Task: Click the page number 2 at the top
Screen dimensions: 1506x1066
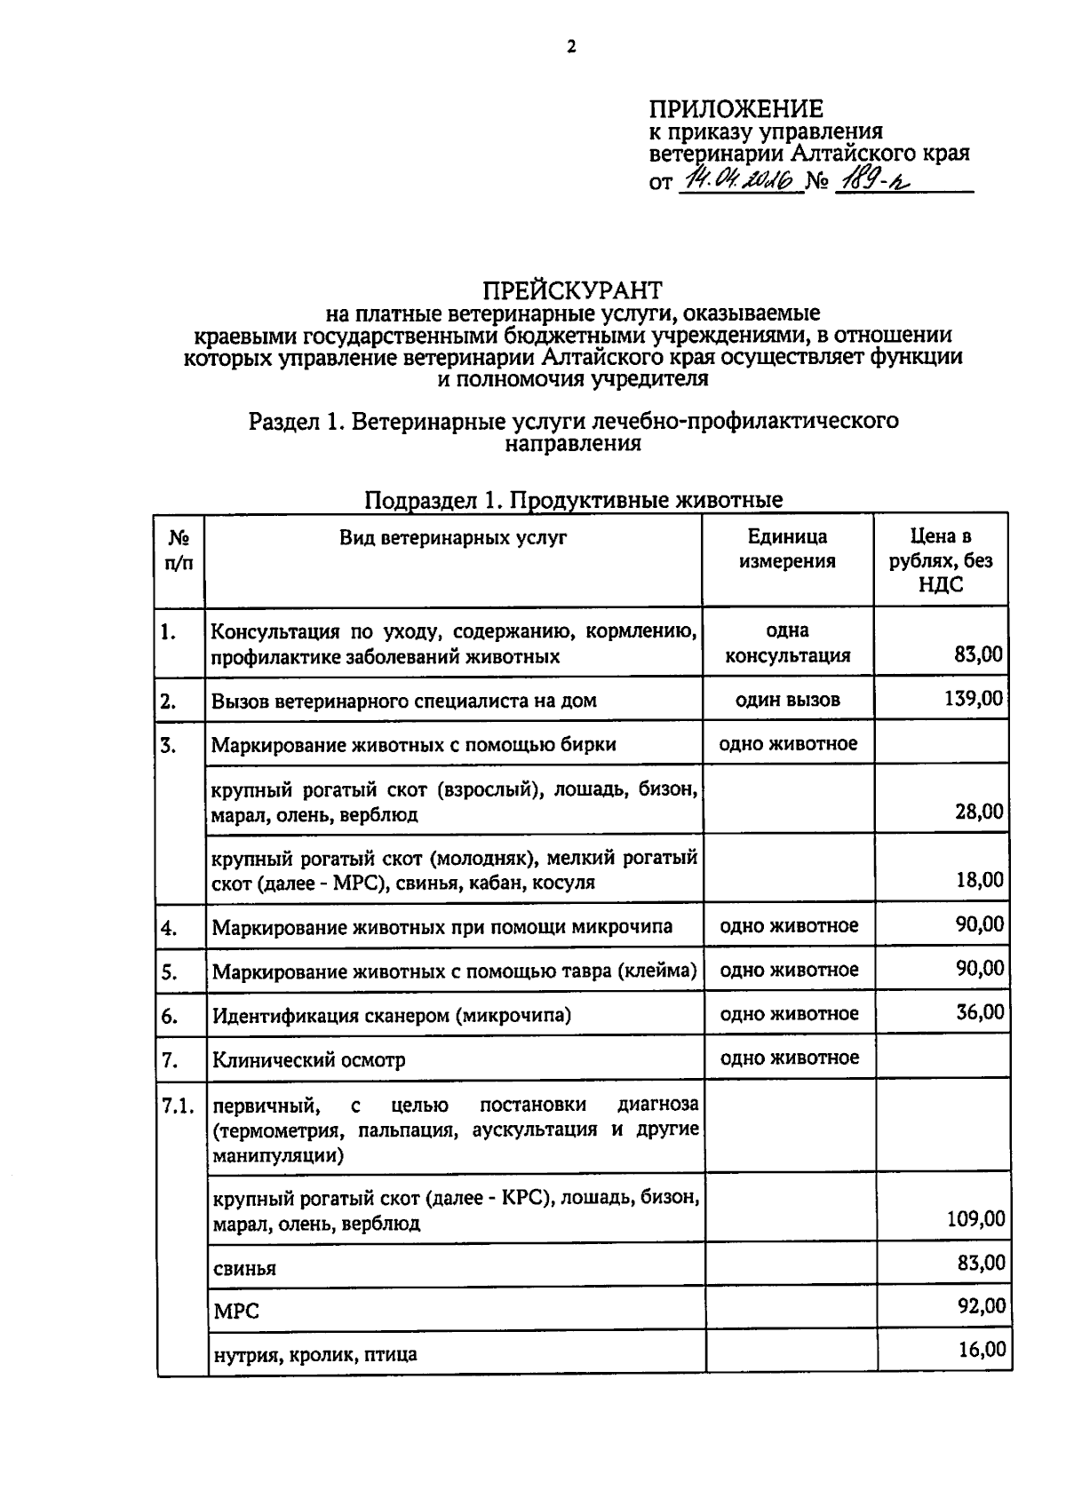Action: tap(571, 47)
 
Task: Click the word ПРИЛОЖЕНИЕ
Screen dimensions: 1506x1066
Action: tap(736, 109)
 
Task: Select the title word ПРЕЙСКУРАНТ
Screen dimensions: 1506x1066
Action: tap(572, 290)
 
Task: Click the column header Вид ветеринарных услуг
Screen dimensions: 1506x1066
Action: tap(453, 537)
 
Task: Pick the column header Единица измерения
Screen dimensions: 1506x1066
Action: tap(787, 549)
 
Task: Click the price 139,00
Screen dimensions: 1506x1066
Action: tap(974, 699)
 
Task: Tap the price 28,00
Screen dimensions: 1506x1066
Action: tap(979, 812)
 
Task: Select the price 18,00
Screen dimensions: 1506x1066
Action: tap(979, 880)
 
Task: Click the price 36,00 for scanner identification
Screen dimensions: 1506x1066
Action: tap(980, 1012)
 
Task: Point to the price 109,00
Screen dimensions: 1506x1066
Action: tap(976, 1219)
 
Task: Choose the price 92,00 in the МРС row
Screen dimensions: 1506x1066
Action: tap(981, 1306)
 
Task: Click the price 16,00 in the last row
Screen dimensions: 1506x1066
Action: tap(982, 1350)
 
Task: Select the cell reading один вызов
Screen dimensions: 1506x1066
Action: tap(787, 700)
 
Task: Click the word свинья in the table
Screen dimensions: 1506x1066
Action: tap(244, 1269)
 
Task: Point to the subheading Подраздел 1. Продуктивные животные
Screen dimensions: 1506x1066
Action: tap(574, 500)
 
